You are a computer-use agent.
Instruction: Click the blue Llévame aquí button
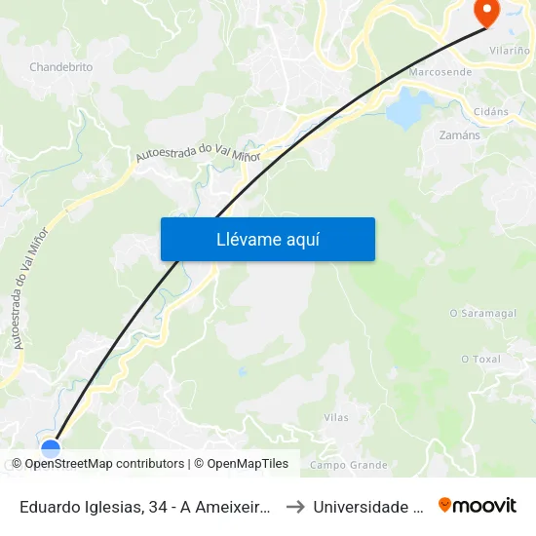(267, 239)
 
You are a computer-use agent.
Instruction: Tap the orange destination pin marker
(484, 11)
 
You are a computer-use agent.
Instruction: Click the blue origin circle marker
(51, 448)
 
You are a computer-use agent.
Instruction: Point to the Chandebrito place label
(60, 67)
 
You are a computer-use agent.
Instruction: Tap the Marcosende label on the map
(440, 72)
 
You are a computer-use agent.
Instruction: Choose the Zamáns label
(460, 135)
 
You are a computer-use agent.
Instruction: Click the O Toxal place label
(480, 359)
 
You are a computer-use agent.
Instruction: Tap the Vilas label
(335, 417)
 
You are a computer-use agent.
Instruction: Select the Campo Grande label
(348, 465)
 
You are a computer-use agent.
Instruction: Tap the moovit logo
(478, 505)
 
